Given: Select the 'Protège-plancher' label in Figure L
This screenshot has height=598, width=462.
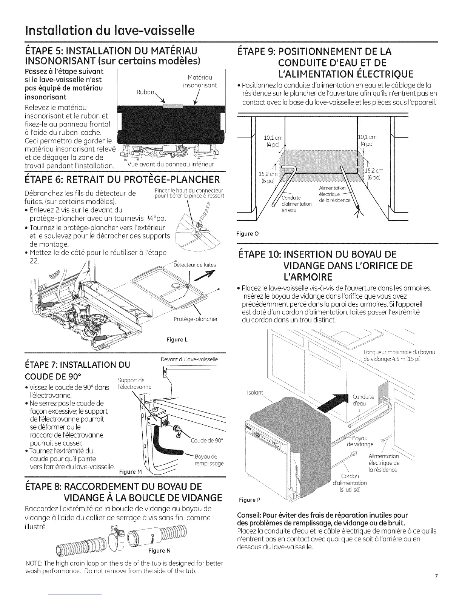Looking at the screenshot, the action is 195,319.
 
